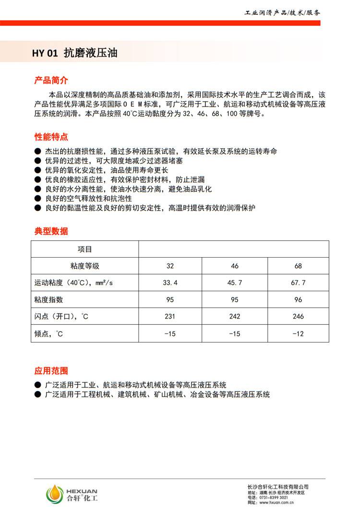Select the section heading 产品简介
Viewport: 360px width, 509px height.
51,80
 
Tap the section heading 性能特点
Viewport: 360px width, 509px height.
51,137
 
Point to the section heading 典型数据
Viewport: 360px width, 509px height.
51,231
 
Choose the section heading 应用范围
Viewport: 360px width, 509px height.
51,371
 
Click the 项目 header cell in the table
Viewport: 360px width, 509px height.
85,249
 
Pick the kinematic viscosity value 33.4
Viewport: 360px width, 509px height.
170,283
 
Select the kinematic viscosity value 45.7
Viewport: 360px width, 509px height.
235,283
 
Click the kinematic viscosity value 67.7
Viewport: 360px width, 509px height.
298,283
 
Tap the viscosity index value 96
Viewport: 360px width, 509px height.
298,300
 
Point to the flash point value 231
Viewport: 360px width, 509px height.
170,317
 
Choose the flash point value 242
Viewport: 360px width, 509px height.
235,317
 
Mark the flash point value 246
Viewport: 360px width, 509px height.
298,317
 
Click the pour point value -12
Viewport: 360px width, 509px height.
298,333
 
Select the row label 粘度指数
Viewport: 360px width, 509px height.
48,300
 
